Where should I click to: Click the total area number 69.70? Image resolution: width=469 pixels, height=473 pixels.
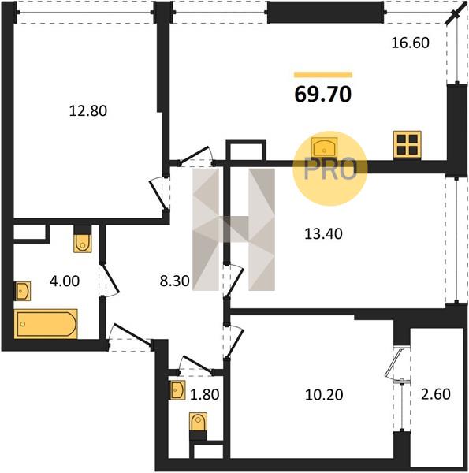coord(323,94)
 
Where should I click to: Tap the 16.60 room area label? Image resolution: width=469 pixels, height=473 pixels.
coord(410,43)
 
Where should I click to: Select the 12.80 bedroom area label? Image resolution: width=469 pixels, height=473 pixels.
coord(88,110)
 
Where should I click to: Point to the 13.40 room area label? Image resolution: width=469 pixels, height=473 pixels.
coord(323,234)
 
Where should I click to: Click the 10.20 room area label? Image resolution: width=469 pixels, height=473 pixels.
coord(324,395)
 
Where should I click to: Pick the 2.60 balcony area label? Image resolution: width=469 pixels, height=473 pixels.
coord(436,393)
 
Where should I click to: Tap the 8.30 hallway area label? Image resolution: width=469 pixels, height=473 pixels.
coord(175,281)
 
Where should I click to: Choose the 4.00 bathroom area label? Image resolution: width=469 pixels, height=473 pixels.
coord(65,281)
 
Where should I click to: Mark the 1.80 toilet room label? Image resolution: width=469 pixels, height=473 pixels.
coord(204,395)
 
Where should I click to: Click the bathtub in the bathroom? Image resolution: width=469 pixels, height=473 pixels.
coord(46,324)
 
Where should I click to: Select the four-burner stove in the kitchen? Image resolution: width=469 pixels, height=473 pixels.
coord(407,144)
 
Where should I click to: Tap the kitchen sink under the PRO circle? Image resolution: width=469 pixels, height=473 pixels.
coord(324,147)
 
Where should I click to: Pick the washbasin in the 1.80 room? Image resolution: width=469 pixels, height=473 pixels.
coord(177,390)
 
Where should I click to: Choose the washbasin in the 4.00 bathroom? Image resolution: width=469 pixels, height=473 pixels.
coord(23,291)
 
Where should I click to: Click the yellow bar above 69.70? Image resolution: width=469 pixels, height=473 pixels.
coord(323,75)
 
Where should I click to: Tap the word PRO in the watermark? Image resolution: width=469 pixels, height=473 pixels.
coord(330,169)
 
